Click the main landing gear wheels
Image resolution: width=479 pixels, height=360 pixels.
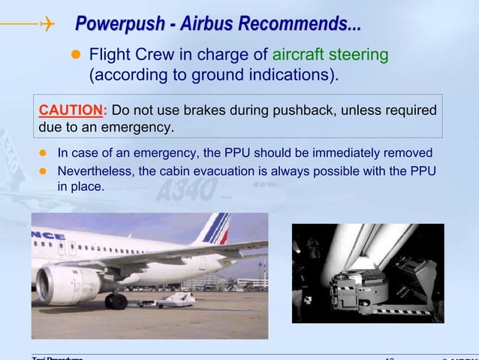pos(116,301)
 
